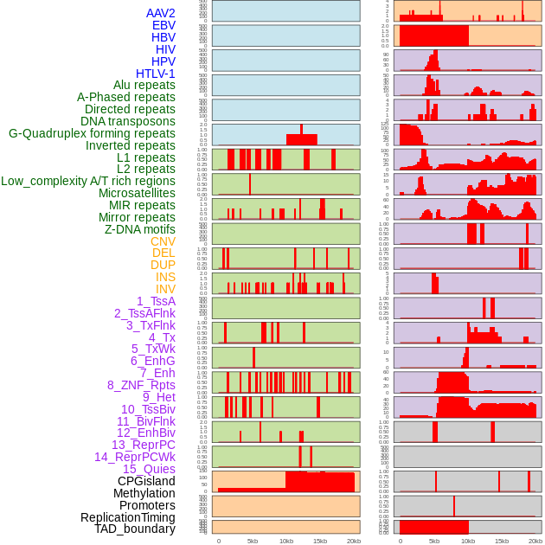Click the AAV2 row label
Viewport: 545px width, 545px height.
click(x=161, y=13)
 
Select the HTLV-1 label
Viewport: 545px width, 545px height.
click(x=156, y=74)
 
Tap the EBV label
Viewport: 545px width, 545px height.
click(x=163, y=25)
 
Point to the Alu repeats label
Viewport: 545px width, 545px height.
click(x=144, y=85)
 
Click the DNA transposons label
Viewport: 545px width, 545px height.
click(x=128, y=121)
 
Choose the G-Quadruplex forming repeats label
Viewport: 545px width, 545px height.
click(x=92, y=133)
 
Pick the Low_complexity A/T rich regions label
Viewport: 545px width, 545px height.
click(x=88, y=181)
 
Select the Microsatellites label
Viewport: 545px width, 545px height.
click(x=137, y=193)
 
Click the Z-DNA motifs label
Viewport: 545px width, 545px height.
click(x=140, y=229)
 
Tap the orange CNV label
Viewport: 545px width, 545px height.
click(x=163, y=241)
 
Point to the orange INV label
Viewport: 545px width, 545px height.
click(x=165, y=289)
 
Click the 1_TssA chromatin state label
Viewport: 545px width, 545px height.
click(x=156, y=301)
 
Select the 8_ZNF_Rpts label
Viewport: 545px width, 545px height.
click(x=141, y=385)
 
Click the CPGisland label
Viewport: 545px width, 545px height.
click(x=146, y=481)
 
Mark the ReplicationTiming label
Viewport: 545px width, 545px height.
click(x=127, y=517)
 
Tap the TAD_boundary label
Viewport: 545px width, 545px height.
click(x=135, y=529)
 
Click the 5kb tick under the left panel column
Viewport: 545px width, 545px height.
click(x=253, y=541)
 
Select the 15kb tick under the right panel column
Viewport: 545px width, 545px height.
click(x=502, y=541)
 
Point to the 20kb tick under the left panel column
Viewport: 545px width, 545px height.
click(x=353, y=541)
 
